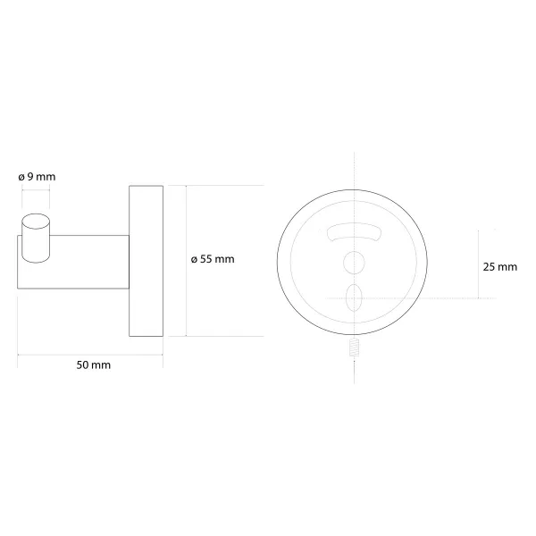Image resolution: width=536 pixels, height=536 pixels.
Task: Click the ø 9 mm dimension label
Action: pos(37,177)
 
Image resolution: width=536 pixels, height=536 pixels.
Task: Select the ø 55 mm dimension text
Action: pos(213,259)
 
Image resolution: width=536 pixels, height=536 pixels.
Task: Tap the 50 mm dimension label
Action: pos(93,365)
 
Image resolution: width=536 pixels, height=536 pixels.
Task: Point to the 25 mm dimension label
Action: pos(499,266)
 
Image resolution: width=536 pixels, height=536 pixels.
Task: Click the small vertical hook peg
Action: pos(36,239)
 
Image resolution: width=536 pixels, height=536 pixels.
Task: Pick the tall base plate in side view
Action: pos(146,261)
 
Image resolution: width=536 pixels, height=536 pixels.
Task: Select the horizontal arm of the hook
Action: pos(73,262)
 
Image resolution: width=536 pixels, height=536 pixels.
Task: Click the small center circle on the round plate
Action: pos(354,263)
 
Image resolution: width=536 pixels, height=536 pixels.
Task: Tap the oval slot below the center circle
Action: pos(354,297)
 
